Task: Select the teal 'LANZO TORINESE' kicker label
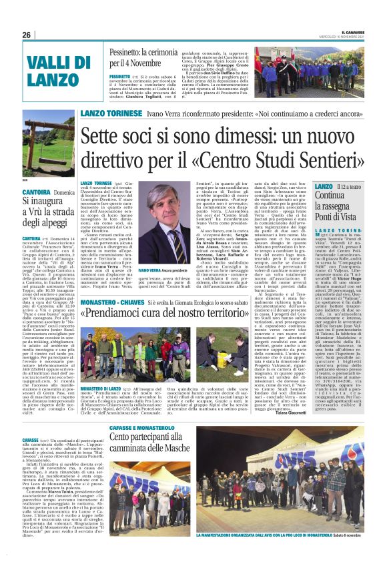[x=103, y=114]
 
